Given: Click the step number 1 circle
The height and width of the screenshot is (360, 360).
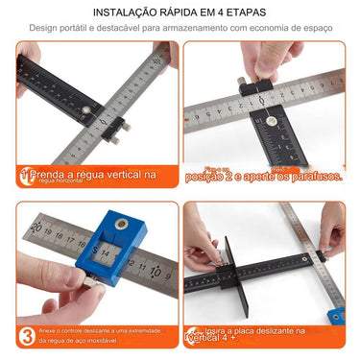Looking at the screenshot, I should pyautogui.click(x=22, y=175).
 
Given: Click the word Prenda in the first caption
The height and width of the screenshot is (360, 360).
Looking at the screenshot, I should pyautogui.click(x=49, y=176).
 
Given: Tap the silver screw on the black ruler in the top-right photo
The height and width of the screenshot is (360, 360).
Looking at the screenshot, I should pyautogui.click(x=270, y=123).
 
